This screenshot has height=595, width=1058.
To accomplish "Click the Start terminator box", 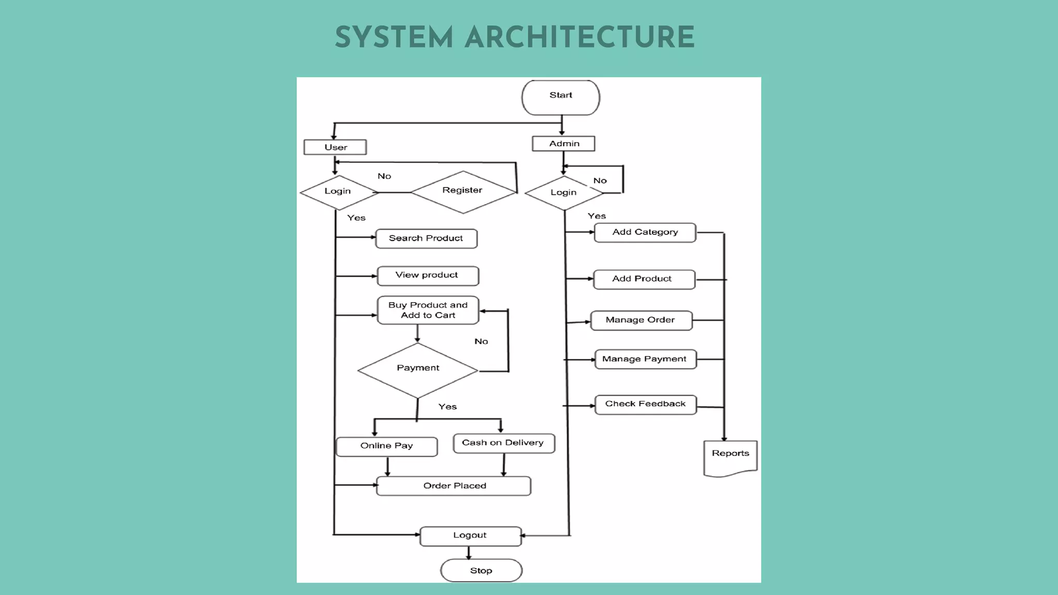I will point(561,97).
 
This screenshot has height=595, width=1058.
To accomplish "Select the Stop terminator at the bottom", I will point(481,570).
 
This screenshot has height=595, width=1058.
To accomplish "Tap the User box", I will point(335,147).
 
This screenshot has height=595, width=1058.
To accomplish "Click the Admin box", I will point(564,144).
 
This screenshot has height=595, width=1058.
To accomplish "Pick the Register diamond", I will point(463,192).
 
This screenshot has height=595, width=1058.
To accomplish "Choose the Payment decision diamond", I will point(417,370).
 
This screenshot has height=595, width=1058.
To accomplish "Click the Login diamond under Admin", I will point(563,193).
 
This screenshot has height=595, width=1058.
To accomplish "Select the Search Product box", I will point(426,239).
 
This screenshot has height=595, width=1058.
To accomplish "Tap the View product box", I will point(428,276).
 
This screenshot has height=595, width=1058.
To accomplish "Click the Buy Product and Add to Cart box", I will point(428,310).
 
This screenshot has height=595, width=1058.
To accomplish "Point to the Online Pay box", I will point(386,446).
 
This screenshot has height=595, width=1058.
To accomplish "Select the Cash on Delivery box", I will point(504,443).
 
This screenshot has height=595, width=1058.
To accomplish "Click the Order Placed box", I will point(454,486).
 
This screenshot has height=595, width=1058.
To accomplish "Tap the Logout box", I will point(470,536).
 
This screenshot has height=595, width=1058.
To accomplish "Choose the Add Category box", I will point(645,232).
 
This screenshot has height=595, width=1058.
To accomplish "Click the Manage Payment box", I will point(645,359).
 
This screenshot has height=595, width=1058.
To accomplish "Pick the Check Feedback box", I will point(645,404).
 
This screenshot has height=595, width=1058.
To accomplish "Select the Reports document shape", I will point(730,457).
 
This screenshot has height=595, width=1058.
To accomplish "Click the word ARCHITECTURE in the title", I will point(579,38).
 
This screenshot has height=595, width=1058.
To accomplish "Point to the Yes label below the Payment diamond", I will point(447,407).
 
